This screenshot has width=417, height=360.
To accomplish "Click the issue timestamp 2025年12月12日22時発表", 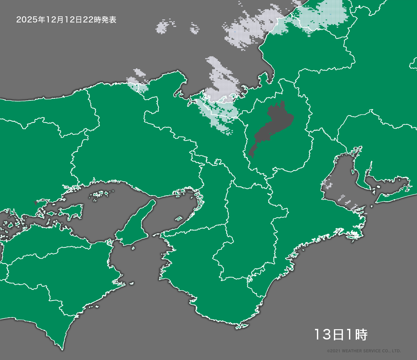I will tap(66, 20).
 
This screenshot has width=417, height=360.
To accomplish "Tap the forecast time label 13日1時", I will tap(340, 335).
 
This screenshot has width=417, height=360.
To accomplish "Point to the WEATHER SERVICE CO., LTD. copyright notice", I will tap(364, 351).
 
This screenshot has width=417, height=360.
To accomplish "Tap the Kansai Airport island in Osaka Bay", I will tap(179, 219).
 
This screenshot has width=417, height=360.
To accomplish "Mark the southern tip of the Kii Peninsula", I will tap(239, 327).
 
